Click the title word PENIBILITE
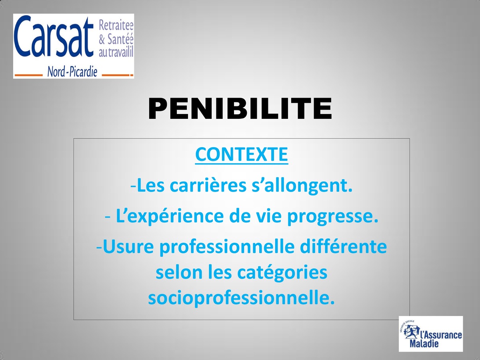pos(240,109)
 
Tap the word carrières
pos(208,186)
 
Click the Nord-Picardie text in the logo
pos(72,72)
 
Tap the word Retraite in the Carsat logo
pos(116,26)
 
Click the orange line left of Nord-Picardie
pos(28,75)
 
